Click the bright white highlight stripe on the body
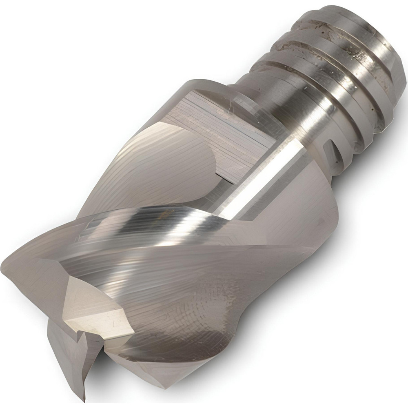tap(261, 175)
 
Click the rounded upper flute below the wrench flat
tap(163, 163)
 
